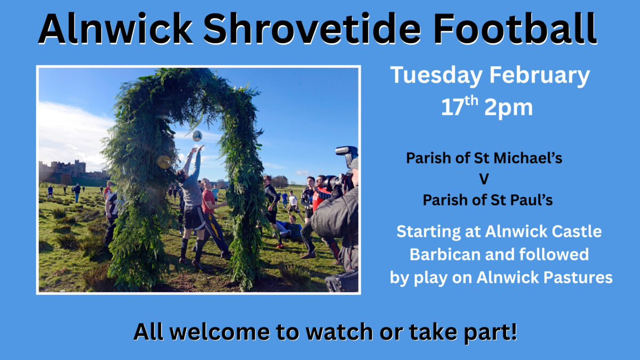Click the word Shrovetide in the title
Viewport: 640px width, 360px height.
(312, 29)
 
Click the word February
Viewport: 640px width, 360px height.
(540, 76)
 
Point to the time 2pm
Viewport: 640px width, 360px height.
(509, 108)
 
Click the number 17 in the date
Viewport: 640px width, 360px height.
(452, 107)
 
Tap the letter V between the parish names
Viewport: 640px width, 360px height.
(484, 179)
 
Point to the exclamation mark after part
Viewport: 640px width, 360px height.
(514, 331)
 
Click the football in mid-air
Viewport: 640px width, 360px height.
(197, 135)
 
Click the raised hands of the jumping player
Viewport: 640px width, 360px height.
(198, 149)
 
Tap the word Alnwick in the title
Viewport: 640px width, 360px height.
(115, 29)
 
